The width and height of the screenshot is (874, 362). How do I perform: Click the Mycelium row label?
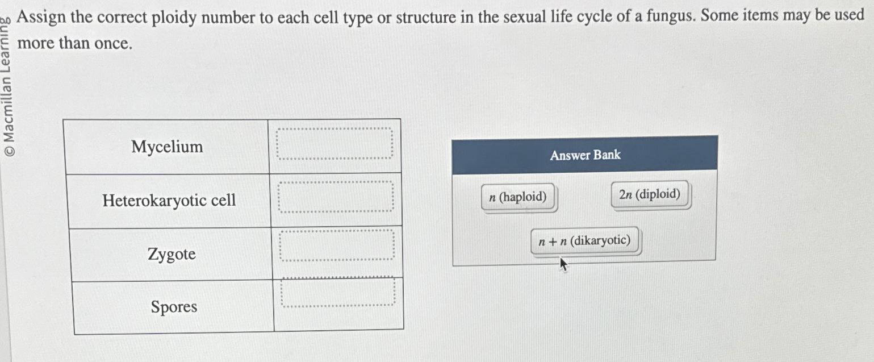coord(167,147)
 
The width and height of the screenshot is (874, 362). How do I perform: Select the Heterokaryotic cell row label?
coord(169,201)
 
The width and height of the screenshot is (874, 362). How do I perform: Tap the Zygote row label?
coord(172,254)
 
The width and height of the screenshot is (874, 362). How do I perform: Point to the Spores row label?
coord(174,307)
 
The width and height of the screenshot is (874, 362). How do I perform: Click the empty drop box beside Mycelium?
coord(334,143)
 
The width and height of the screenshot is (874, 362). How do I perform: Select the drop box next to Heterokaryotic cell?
coord(336,197)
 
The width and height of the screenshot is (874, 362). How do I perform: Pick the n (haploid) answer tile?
coord(517,197)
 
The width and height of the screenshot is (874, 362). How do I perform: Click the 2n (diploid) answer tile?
coord(650,195)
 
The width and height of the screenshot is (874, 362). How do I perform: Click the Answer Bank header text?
coord(585,155)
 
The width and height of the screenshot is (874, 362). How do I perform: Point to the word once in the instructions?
coord(113,43)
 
